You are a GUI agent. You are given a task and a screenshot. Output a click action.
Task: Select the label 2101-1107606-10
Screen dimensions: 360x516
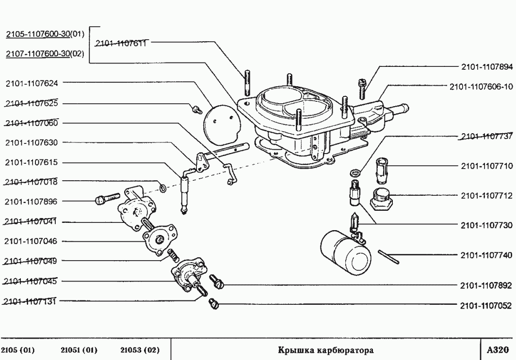tap(481, 87)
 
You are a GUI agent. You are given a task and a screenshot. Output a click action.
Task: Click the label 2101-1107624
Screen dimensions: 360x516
tap(32, 83)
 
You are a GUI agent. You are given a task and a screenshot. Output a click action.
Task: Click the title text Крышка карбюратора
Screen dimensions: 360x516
tap(325, 350)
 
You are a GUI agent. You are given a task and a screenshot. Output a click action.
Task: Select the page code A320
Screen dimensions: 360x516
tap(498, 349)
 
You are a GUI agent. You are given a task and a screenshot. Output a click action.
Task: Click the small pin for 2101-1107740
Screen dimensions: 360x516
tap(389, 257)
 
